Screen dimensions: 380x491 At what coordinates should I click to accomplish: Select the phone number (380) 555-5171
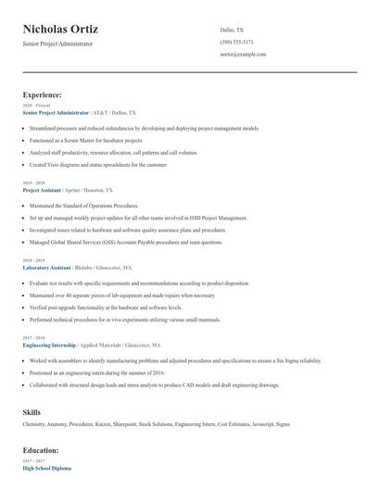[237, 42]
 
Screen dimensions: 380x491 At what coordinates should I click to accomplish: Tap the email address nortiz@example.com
[243, 55]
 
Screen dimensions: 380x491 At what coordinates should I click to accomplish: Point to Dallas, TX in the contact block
[233, 30]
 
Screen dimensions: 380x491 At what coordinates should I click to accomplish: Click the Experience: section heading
[43, 94]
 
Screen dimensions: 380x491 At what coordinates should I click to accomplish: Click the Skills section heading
[32, 410]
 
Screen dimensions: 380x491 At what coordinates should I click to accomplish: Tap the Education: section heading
[41, 450]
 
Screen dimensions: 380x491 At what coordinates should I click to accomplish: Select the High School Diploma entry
[46, 467]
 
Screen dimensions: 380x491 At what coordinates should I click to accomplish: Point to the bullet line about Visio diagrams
[98, 165]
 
